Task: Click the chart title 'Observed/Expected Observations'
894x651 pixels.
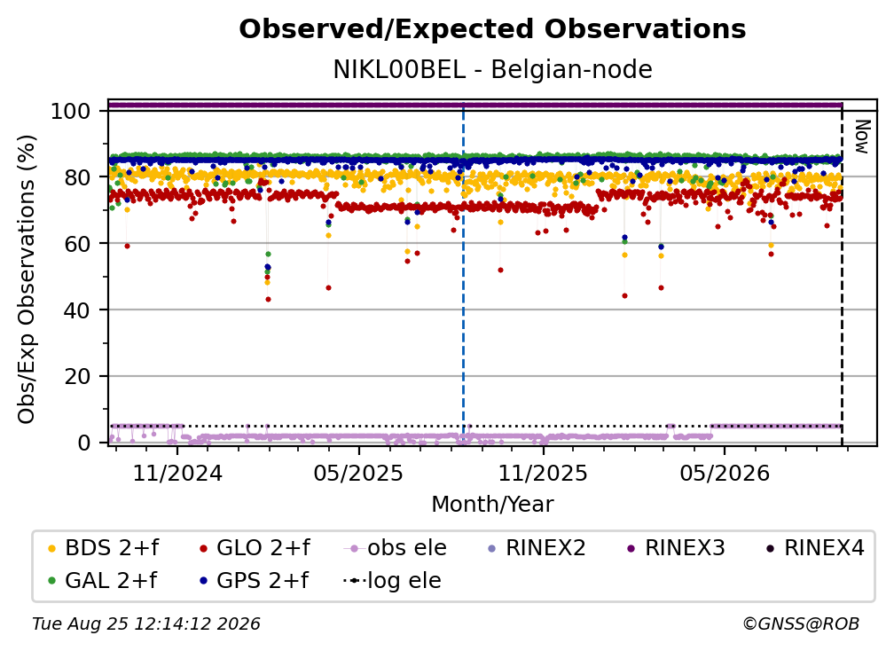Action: click(492, 29)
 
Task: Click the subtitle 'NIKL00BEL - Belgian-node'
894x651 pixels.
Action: click(492, 69)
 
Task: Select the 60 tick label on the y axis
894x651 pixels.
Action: click(77, 243)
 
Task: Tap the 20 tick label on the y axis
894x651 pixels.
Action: click(77, 376)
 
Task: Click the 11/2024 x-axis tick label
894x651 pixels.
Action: click(177, 473)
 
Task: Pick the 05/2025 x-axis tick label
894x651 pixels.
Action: click(358, 473)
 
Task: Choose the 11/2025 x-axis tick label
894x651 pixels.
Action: click(543, 473)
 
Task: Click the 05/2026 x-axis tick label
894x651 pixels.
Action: click(724, 473)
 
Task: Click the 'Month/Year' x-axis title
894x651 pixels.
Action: click(492, 504)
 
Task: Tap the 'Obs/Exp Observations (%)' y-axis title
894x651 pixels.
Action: click(27, 279)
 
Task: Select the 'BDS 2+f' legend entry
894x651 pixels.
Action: click(103, 548)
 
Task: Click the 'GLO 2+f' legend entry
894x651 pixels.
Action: click(255, 548)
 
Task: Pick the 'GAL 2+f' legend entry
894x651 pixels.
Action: click(103, 580)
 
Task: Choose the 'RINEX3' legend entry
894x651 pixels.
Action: click(676, 548)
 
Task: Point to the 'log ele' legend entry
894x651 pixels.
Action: click(392, 580)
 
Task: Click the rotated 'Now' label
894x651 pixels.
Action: click(861, 137)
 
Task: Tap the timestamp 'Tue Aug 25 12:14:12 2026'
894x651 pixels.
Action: click(146, 624)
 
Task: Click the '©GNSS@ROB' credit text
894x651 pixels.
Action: click(801, 624)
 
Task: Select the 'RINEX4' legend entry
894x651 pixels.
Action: click(815, 548)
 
